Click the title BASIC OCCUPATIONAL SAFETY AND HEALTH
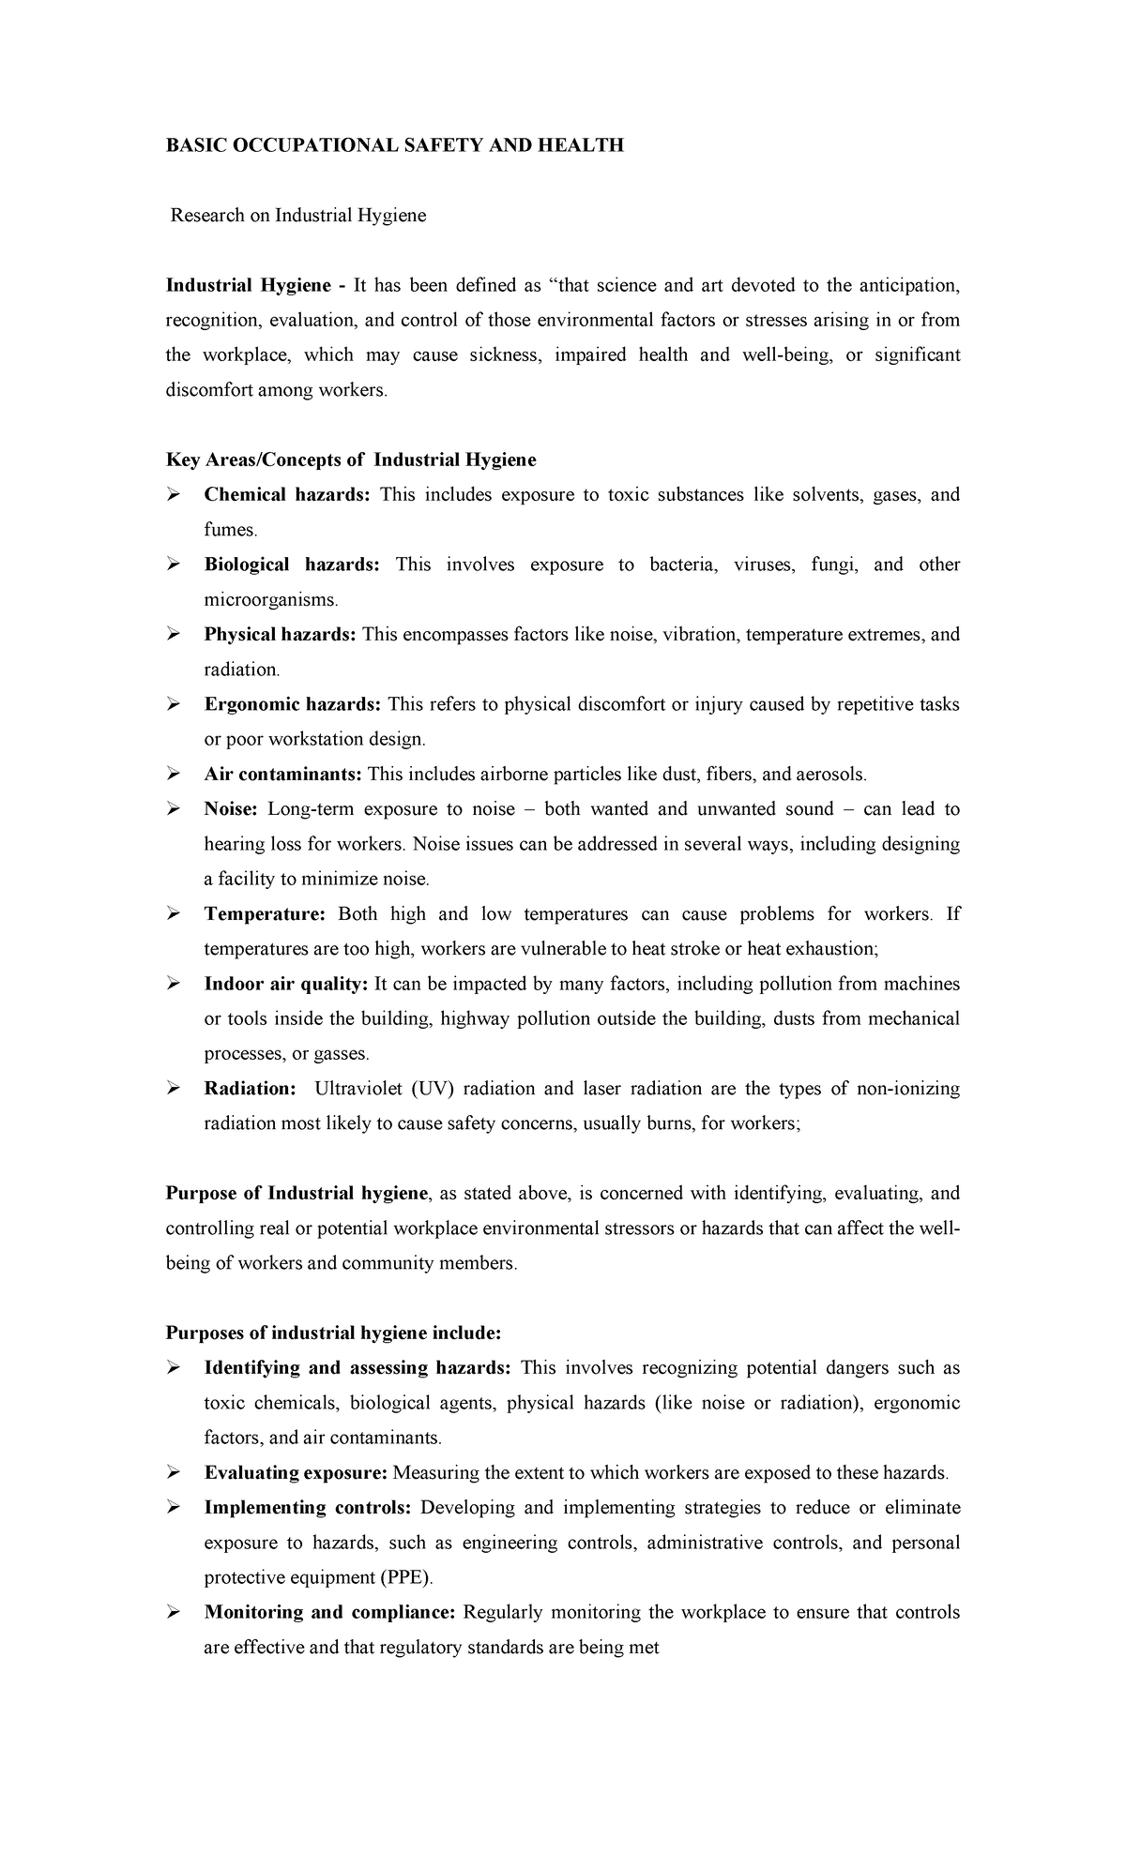[394, 145]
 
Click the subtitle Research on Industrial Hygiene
[297, 216]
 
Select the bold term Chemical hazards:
[287, 495]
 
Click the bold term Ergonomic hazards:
[292, 704]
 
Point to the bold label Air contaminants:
[282, 775]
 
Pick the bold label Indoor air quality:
[286, 984]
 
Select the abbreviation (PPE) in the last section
[405, 1577]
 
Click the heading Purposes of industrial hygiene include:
[334, 1333]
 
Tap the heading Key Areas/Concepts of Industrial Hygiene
[351, 460]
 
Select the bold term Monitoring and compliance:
[329, 1612]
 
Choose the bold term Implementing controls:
[308, 1508]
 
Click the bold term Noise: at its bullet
[230, 809]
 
